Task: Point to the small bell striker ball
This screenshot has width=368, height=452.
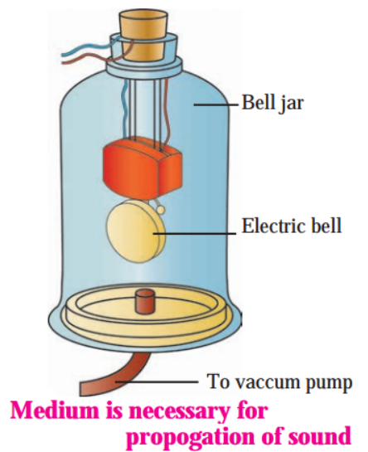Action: [161, 210]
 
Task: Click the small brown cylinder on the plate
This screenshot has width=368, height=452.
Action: [145, 302]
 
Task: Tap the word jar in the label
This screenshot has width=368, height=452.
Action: [292, 104]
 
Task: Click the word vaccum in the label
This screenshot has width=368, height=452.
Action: [268, 382]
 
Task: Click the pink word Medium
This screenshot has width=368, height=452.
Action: [55, 411]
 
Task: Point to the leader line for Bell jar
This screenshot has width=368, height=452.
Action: [216, 105]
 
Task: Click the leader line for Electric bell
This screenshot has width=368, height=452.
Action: [195, 233]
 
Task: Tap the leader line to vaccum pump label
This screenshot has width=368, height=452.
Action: [157, 382]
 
